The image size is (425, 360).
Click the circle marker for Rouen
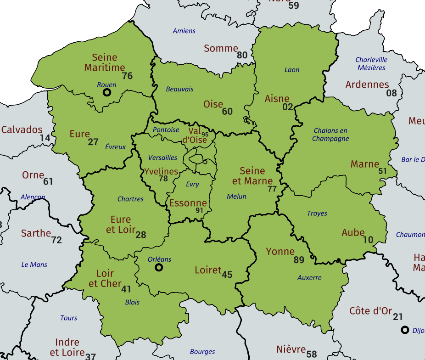[107, 92]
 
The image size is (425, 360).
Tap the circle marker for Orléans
[159, 267]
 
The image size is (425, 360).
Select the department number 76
[127, 76]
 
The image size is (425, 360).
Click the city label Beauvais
[179, 89]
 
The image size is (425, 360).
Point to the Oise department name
[213, 104]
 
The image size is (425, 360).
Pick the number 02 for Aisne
[287, 107]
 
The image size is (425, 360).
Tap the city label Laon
[292, 70]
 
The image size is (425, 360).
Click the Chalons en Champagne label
[330, 135]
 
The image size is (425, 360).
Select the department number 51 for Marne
[382, 171]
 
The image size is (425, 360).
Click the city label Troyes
[317, 214]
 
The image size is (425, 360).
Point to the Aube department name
[353, 232]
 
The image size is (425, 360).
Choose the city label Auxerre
[309, 278]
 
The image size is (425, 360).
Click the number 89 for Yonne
[299, 260]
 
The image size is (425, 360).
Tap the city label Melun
[236, 197]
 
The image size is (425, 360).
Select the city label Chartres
[130, 199]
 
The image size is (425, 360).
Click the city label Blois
[132, 303]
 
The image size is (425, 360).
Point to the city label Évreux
[115, 147]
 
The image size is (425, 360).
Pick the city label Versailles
[162, 158]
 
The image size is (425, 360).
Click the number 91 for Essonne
[199, 210]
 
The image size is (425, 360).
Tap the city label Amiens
[184, 31]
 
